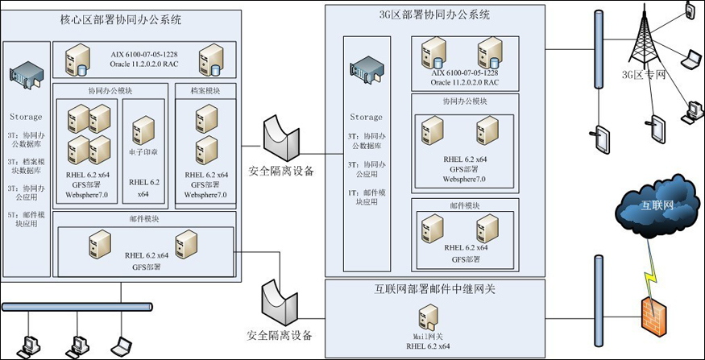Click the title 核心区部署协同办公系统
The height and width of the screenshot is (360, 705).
[121, 19]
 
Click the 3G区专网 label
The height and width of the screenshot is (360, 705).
[637, 77]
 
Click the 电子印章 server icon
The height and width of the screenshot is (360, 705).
[143, 128]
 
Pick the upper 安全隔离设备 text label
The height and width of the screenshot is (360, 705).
[281, 171]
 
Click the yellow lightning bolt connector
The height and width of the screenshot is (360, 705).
[649, 274]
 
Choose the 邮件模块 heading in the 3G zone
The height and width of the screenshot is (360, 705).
[465, 206]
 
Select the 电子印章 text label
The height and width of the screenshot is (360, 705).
[143, 149]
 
